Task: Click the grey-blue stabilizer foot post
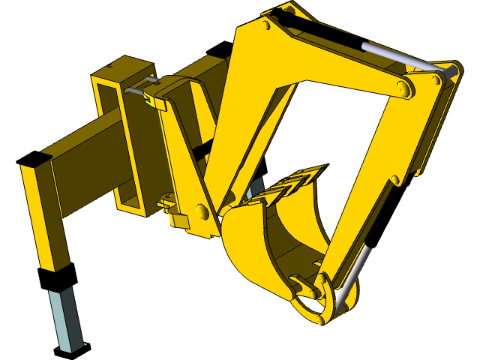tap(66, 319)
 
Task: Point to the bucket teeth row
tap(292, 184)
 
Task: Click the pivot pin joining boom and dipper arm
tap(403, 89)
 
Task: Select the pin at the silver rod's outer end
tap(452, 70)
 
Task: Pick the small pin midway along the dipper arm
tap(394, 180)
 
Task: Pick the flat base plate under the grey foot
tap(72, 347)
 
